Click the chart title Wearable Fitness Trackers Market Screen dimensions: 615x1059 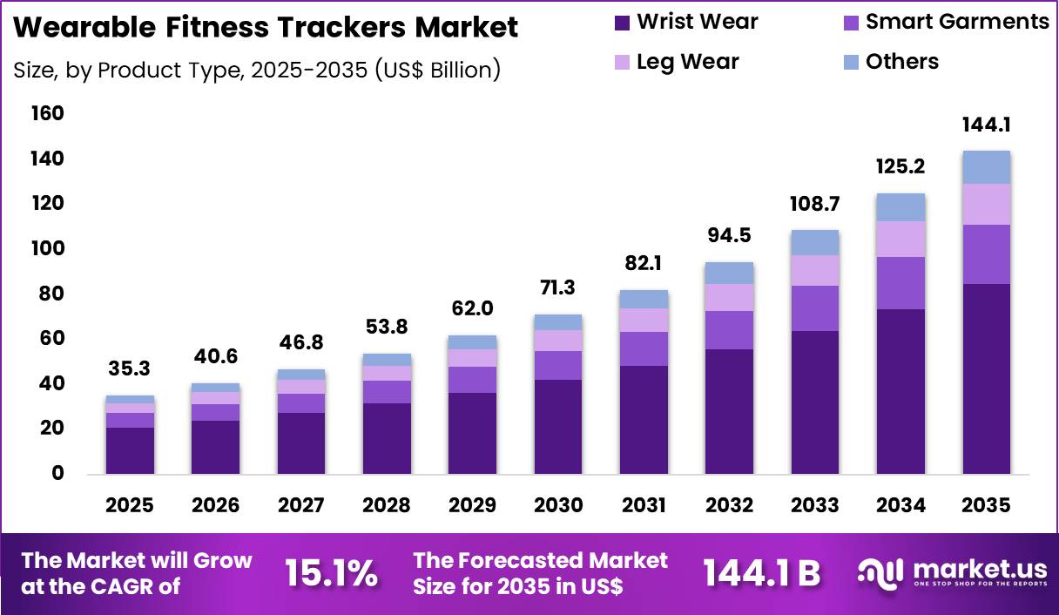[x=266, y=27]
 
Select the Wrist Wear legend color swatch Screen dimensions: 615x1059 [x=622, y=22]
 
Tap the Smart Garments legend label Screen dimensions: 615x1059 [x=957, y=22]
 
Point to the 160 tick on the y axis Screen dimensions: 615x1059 [x=47, y=113]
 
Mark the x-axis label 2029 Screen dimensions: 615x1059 [x=473, y=505]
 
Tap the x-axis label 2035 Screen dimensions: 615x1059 [x=986, y=505]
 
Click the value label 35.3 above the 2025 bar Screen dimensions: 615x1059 [x=130, y=368]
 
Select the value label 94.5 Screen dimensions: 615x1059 [x=729, y=235]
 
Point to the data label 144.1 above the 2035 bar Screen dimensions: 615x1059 [x=986, y=125]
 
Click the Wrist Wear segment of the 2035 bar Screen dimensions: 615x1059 [x=986, y=379]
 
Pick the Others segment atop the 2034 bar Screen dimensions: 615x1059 [x=900, y=207]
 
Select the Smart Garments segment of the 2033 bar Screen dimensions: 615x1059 [x=815, y=308]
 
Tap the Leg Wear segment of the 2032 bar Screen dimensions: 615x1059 [x=729, y=297]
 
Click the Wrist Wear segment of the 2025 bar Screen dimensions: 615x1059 [x=130, y=450]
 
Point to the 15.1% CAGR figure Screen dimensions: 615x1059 [x=331, y=574]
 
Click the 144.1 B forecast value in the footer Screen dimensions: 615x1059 [x=762, y=574]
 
